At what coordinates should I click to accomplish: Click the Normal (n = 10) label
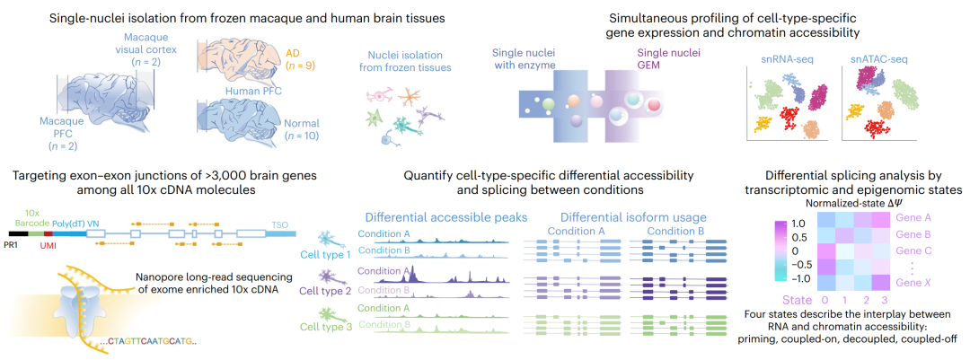click(302, 127)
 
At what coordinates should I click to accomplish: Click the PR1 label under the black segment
click(19, 246)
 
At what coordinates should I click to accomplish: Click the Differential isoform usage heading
click(632, 217)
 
